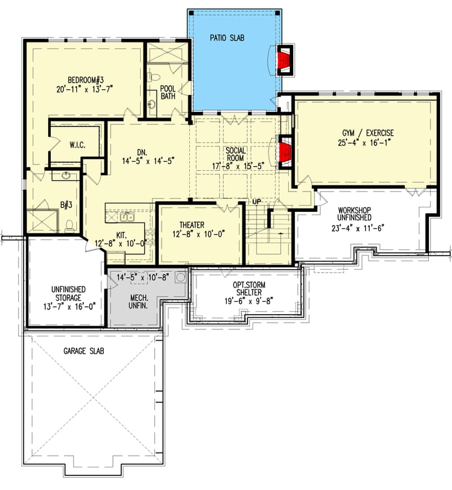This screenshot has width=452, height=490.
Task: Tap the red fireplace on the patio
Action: [x=283, y=59]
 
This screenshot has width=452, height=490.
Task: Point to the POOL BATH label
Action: [x=168, y=92]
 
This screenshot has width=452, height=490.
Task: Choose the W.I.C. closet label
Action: [x=77, y=145]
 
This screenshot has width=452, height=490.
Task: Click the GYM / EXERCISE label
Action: [x=367, y=133]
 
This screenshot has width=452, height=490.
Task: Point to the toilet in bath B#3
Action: [x=69, y=226]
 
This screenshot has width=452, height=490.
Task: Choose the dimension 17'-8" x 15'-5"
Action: [x=234, y=166]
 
